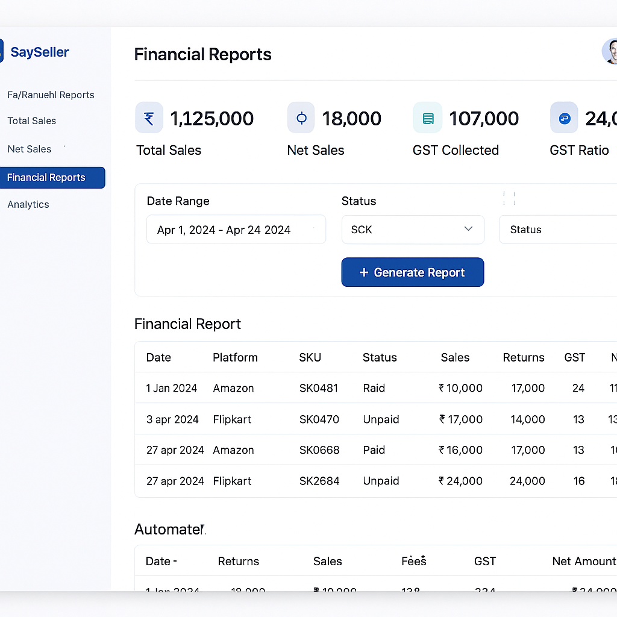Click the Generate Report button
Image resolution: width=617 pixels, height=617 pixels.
(413, 272)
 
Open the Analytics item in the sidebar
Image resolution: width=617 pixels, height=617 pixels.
(28, 204)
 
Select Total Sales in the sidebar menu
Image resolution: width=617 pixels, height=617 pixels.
(31, 121)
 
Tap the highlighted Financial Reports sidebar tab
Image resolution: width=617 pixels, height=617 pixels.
(52, 178)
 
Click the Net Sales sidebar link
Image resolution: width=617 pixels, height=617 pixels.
(29, 149)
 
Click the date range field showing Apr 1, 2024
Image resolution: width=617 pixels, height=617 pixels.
(236, 230)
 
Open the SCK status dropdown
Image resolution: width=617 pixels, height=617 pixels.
(413, 230)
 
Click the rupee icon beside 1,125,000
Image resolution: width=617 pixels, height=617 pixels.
(149, 117)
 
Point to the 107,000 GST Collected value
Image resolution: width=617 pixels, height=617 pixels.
(484, 119)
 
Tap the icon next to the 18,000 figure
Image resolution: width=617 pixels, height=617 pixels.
(301, 117)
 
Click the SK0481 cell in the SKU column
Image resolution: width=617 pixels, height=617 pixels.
(319, 388)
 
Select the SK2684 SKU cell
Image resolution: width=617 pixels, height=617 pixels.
(319, 481)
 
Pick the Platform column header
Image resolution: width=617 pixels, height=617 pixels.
(235, 357)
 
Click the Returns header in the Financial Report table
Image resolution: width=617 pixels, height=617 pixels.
(524, 357)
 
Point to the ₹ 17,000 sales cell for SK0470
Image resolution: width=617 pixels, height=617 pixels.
(461, 419)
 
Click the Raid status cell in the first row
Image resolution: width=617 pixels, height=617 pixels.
(374, 388)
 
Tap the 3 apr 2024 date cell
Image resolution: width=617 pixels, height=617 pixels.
(172, 419)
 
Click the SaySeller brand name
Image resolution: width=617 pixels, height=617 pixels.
(40, 52)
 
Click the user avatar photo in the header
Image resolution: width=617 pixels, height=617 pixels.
(610, 52)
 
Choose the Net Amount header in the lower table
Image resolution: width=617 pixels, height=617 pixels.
(583, 561)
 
